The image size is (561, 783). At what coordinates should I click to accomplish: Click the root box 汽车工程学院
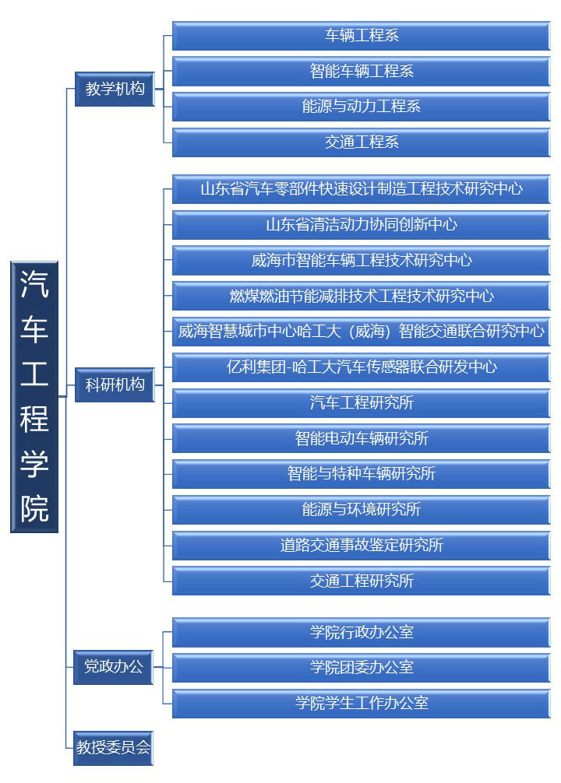click(34, 396)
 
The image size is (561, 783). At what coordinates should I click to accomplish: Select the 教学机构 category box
click(115, 89)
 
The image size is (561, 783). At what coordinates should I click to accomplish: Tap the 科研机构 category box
click(115, 384)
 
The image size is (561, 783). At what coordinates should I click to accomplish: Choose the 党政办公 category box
click(113, 667)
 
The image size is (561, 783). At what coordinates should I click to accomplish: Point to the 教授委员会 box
click(113, 747)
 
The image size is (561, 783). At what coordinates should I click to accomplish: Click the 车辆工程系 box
click(361, 36)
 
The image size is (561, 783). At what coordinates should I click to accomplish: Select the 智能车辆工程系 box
click(361, 71)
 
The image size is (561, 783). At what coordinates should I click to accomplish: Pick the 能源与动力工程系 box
click(361, 107)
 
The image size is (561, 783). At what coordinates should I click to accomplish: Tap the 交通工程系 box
click(361, 142)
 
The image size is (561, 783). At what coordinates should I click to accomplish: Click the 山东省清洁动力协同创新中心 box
click(361, 225)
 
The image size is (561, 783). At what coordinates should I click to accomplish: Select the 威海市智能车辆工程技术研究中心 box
click(361, 260)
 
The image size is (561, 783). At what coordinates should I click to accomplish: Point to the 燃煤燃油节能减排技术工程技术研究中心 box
click(361, 296)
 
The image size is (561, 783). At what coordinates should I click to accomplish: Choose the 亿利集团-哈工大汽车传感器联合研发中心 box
click(361, 367)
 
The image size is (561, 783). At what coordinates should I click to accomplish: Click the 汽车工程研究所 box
click(361, 403)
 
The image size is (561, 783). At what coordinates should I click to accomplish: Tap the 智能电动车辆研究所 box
click(361, 438)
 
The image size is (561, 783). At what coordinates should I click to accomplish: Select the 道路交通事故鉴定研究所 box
click(361, 546)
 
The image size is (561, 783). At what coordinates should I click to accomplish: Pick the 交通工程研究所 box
click(361, 581)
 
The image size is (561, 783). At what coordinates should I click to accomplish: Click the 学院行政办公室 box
click(361, 632)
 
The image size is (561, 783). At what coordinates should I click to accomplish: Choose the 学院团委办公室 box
click(361, 668)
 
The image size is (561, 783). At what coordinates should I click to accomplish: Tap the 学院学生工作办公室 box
click(361, 704)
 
